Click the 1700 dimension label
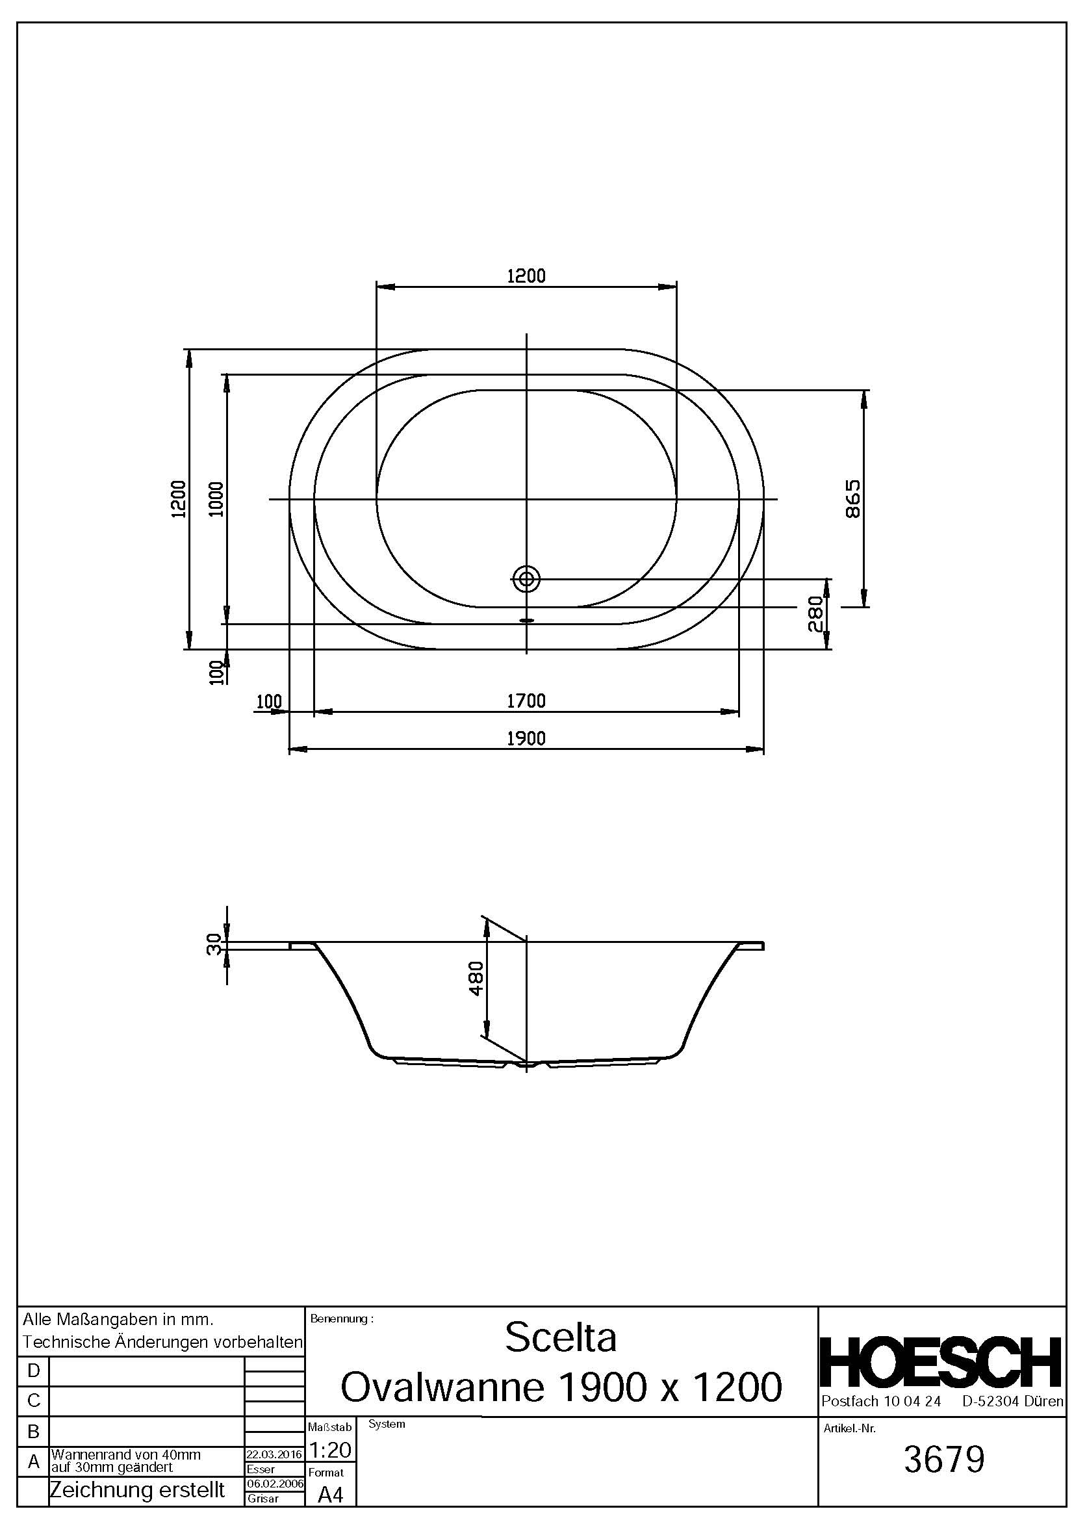(526, 701)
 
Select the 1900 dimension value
(526, 738)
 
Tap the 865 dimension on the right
(853, 498)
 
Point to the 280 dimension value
(815, 613)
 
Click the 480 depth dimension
(476, 978)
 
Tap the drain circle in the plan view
(527, 579)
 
